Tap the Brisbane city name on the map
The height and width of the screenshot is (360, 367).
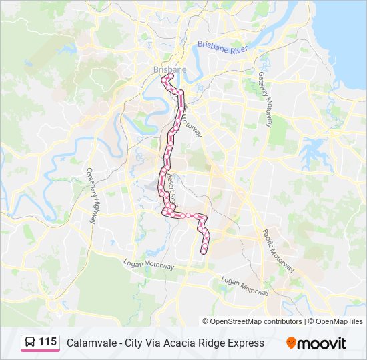(x=169, y=69)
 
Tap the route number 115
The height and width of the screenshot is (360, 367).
(x=47, y=341)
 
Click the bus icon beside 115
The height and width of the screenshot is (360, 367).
(x=30, y=342)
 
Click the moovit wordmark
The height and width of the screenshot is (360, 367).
(x=322, y=343)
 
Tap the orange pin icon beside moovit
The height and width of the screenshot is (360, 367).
(x=291, y=343)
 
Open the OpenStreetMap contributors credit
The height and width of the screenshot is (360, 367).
(x=256, y=321)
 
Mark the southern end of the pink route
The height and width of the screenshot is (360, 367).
(x=204, y=252)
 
